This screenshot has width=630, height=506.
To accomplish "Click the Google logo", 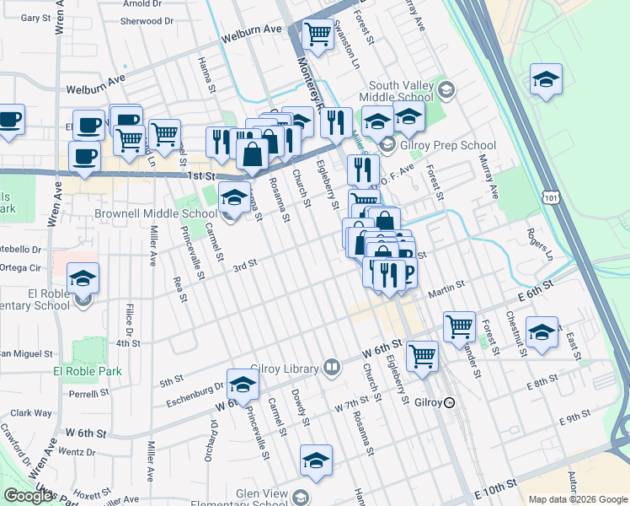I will pyautogui.click(x=28, y=496).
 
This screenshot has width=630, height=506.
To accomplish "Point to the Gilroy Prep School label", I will pyautogui.click(x=441, y=144).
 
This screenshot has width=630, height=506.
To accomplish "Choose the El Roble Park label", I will pyautogui.click(x=88, y=371).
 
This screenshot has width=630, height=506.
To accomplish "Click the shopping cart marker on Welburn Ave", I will pyautogui.click(x=317, y=35).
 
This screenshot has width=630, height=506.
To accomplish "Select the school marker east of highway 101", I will pyautogui.click(x=545, y=81).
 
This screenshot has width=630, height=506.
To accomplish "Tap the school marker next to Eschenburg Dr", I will pyautogui.click(x=243, y=384).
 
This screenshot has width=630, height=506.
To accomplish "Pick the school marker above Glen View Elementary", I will pyautogui.click(x=316, y=460).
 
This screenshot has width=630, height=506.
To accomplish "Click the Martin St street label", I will pyautogui.click(x=446, y=293).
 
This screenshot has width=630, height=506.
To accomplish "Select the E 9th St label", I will pyautogui.click(x=574, y=417).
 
